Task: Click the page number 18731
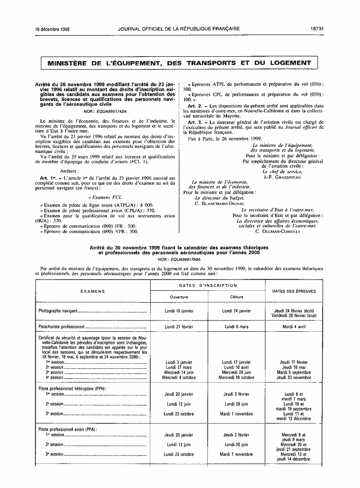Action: (x=317, y=29)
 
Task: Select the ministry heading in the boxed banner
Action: (x=179, y=64)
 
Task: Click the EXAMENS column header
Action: (x=93, y=291)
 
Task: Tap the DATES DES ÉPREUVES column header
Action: (x=295, y=291)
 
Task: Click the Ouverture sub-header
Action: (x=179, y=297)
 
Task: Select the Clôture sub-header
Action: (x=237, y=297)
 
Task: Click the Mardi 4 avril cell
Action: (x=295, y=327)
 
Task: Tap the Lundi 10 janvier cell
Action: (x=179, y=311)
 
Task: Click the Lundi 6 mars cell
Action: (x=237, y=327)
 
